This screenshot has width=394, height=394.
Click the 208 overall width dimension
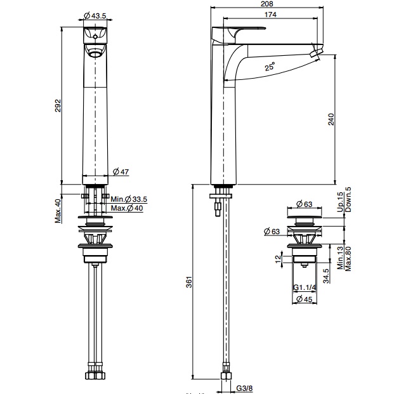tap(267, 4)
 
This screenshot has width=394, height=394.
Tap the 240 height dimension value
tap(331, 121)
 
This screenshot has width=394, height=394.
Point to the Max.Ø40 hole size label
tap(127, 208)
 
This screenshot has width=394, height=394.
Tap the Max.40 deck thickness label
tap(57, 211)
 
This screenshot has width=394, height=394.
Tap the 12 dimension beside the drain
tap(277, 258)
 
